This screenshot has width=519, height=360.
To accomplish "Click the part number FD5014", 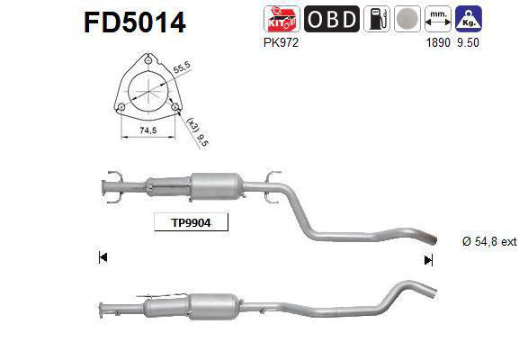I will pos(135,21).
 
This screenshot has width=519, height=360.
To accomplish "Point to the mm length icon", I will pos(439,19).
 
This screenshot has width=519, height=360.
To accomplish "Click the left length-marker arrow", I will pos(103,258).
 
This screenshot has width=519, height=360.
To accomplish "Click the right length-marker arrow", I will pos(428,259).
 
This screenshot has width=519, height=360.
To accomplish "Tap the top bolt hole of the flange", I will pos(148,60).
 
